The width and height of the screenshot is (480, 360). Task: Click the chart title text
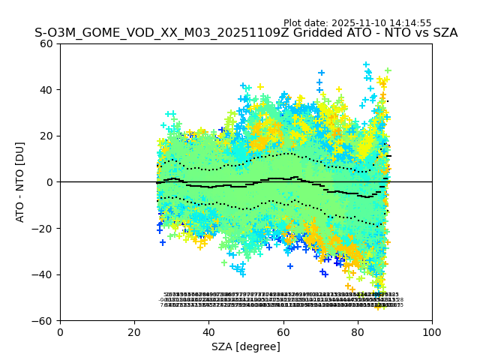[246, 33]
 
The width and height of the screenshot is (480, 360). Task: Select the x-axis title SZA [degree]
[246, 346]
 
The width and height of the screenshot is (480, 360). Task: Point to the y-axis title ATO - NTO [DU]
[20, 181]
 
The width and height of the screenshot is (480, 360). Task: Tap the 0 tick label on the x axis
[60, 332]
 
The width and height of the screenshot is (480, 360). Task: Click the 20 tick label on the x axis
[134, 332]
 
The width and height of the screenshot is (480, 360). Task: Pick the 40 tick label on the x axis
[208, 332]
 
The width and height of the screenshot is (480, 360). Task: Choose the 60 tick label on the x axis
[283, 332]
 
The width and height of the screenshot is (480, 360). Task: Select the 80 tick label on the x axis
[357, 332]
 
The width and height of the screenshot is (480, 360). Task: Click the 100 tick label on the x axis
[431, 332]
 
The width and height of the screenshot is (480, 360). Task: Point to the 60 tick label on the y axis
[46, 43]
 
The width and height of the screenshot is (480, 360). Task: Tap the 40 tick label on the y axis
[46, 90]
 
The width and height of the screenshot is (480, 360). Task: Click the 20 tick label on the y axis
[46, 136]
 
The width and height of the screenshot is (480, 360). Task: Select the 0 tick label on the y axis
[49, 182]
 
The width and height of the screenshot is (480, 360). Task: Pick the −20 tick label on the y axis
[43, 228]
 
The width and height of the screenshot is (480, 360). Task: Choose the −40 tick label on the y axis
[43, 274]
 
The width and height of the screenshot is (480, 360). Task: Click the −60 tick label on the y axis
[43, 320]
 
